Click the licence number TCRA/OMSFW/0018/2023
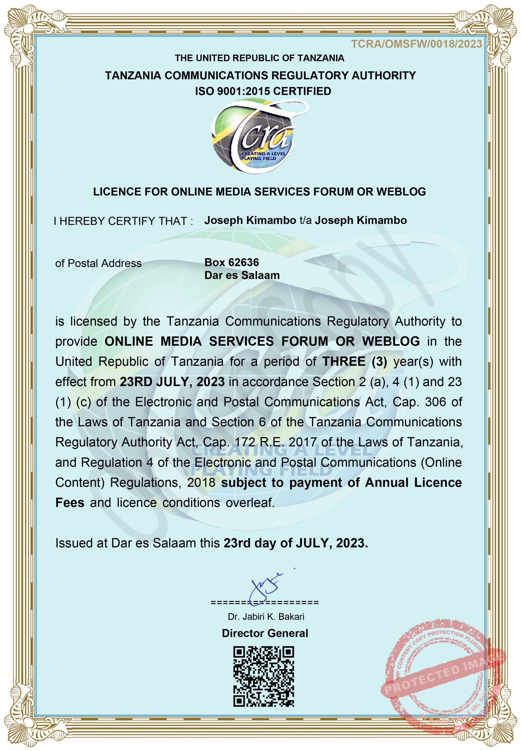point(416,44)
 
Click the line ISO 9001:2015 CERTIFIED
point(263,91)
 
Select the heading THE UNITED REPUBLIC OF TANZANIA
point(259,58)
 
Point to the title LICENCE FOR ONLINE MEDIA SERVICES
point(259,192)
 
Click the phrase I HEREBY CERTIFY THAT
point(123,221)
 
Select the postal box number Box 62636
point(231,262)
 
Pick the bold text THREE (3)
point(355,362)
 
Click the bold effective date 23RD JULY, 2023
point(172,382)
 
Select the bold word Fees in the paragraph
point(70,503)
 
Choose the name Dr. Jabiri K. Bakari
point(266,617)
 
